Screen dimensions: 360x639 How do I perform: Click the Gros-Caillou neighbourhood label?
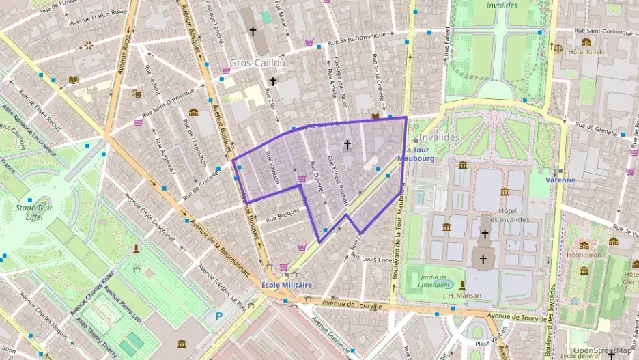tap(257, 63)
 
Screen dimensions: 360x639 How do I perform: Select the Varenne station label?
tap(560, 180)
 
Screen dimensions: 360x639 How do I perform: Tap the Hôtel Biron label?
tap(582, 255)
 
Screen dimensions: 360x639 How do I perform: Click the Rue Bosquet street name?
tap(282, 215)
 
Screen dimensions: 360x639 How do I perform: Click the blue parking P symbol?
tap(218, 316)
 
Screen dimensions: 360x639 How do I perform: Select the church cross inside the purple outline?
tap(347, 144)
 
